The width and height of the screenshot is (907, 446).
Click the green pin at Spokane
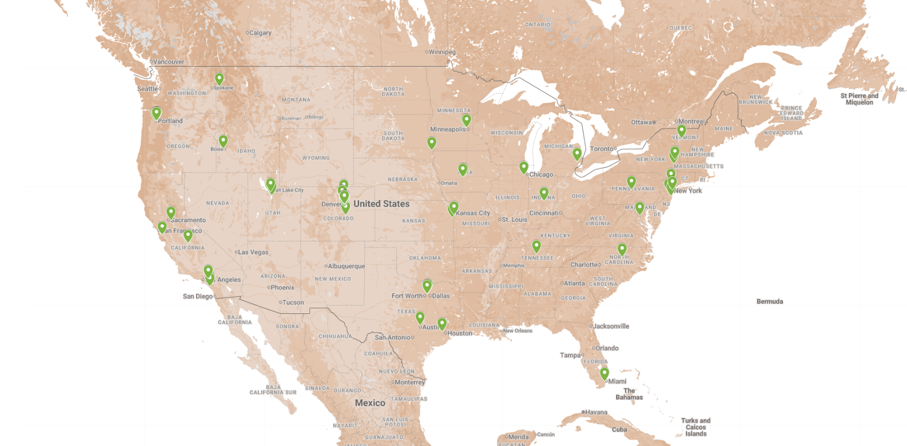pos(219,79)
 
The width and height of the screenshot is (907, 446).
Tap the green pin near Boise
pos(223,141)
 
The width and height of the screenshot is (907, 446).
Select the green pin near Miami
pos(604,372)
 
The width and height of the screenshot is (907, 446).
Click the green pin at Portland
pos(156,112)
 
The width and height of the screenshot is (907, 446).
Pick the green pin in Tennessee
pos(537,246)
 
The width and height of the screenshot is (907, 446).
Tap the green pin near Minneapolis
pos(466,120)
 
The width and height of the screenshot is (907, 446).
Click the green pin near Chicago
pos(524,167)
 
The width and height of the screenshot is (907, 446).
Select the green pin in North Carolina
pos(622,249)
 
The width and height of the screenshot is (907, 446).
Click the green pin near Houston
pos(442,323)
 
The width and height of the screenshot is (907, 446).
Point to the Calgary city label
pos(260,33)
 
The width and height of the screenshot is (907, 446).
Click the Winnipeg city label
pos(442,52)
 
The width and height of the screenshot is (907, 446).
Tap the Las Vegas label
pos(253,252)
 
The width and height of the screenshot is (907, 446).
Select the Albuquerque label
pos(346,266)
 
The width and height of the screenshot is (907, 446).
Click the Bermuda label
pos(769,301)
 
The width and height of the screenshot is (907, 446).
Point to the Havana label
pos(596,412)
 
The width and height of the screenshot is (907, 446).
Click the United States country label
pos(381,204)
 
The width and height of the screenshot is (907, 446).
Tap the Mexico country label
pos(370,403)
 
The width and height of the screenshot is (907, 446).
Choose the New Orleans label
pos(517,330)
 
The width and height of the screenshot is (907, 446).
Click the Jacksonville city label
pos(611,326)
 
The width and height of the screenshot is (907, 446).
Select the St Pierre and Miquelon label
pos(859,99)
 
